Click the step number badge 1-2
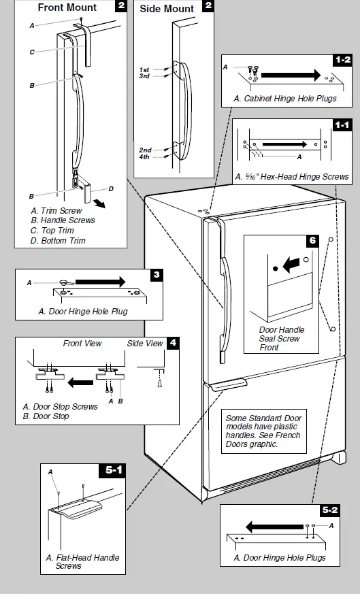coord(342,60)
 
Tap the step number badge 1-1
coord(342,125)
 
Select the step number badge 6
coord(312,241)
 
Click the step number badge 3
coord(157,275)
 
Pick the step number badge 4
coord(174,342)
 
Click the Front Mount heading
coord(67,8)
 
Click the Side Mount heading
coord(167,9)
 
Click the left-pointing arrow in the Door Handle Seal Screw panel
coord(291,263)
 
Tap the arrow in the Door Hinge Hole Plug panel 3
coord(100,282)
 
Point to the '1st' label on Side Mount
coord(144,70)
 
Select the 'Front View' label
coord(82,344)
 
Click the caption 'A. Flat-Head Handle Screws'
coord(82,562)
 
